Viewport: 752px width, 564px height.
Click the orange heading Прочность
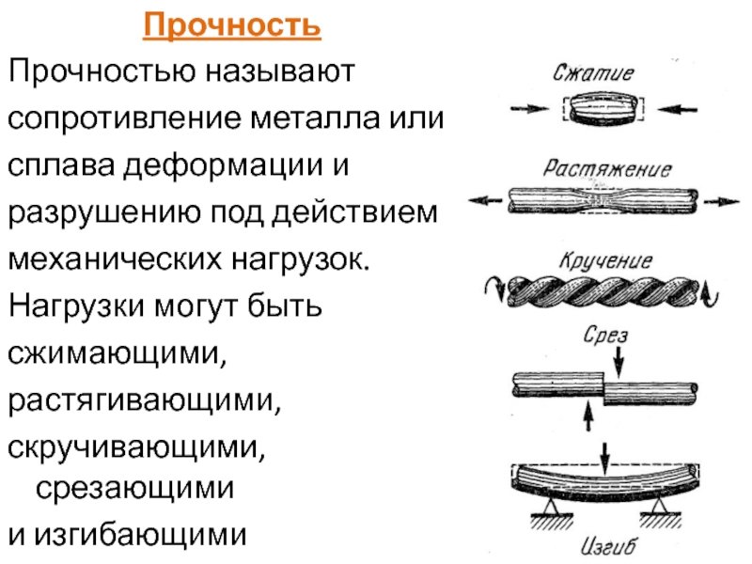pos(231,27)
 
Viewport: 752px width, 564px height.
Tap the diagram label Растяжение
pos(607,170)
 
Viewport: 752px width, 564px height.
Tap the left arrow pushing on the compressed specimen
pos(526,108)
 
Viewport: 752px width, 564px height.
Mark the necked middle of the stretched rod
pos(602,199)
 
